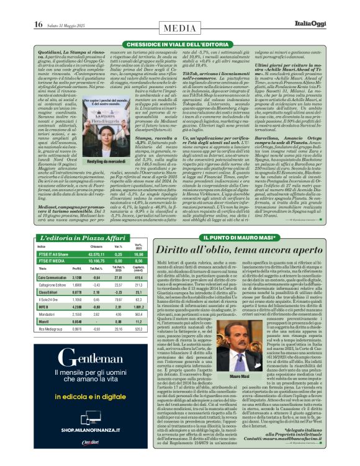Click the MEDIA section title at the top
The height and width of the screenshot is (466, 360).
tap(179, 27)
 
